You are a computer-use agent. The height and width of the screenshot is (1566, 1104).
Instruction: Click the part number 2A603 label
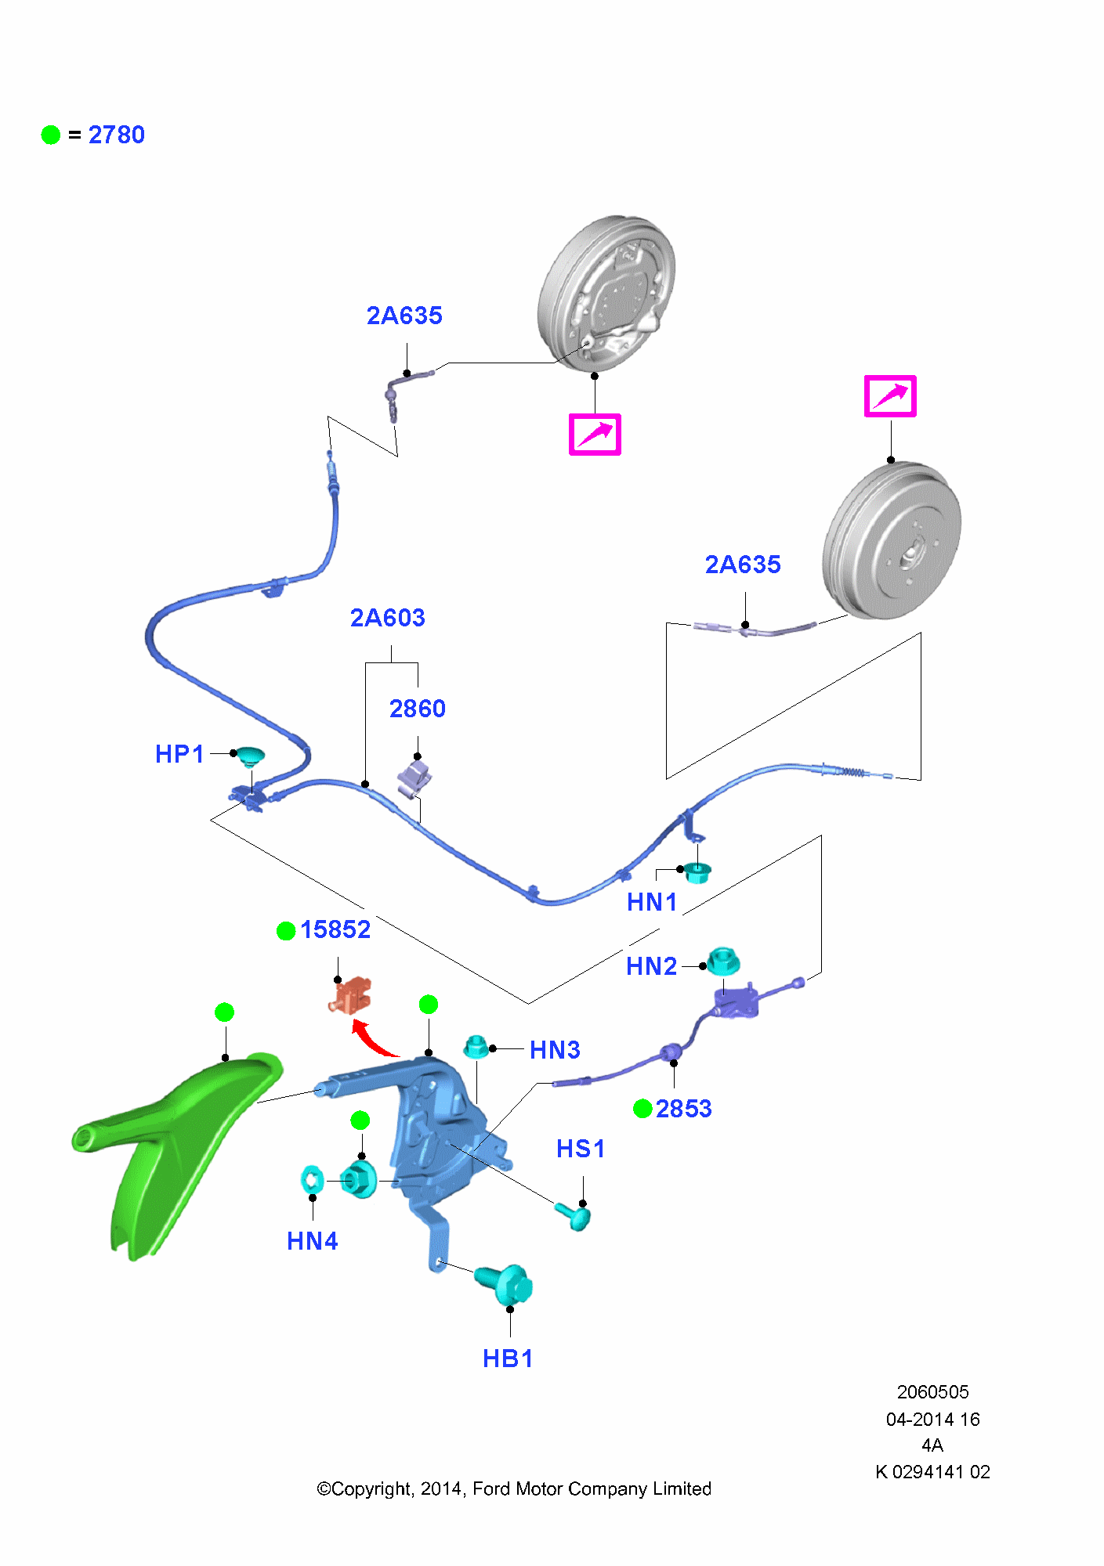click(387, 618)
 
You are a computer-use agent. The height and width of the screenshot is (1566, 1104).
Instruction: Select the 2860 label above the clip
click(417, 709)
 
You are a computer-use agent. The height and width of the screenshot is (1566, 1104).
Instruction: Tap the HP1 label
click(179, 754)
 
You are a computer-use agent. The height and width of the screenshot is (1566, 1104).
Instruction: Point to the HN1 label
click(651, 902)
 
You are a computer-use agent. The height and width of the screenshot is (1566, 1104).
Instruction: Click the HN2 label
click(651, 966)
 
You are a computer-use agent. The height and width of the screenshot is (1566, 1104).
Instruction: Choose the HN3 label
click(555, 1049)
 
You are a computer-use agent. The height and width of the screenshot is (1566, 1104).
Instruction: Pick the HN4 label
click(312, 1241)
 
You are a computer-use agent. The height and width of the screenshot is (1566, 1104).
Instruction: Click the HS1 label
click(581, 1149)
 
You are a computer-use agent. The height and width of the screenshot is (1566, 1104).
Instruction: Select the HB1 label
click(508, 1359)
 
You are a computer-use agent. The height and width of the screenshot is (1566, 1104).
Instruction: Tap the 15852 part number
click(335, 929)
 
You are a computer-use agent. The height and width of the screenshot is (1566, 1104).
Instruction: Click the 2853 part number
click(683, 1109)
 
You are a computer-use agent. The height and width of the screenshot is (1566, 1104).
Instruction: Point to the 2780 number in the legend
click(116, 135)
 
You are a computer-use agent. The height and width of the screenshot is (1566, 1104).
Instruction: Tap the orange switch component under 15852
click(350, 995)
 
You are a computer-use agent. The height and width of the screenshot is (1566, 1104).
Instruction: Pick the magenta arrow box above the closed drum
click(890, 396)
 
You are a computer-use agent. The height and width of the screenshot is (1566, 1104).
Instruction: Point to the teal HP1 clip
click(251, 756)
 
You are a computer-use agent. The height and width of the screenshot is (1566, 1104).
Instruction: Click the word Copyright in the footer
click(371, 1488)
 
